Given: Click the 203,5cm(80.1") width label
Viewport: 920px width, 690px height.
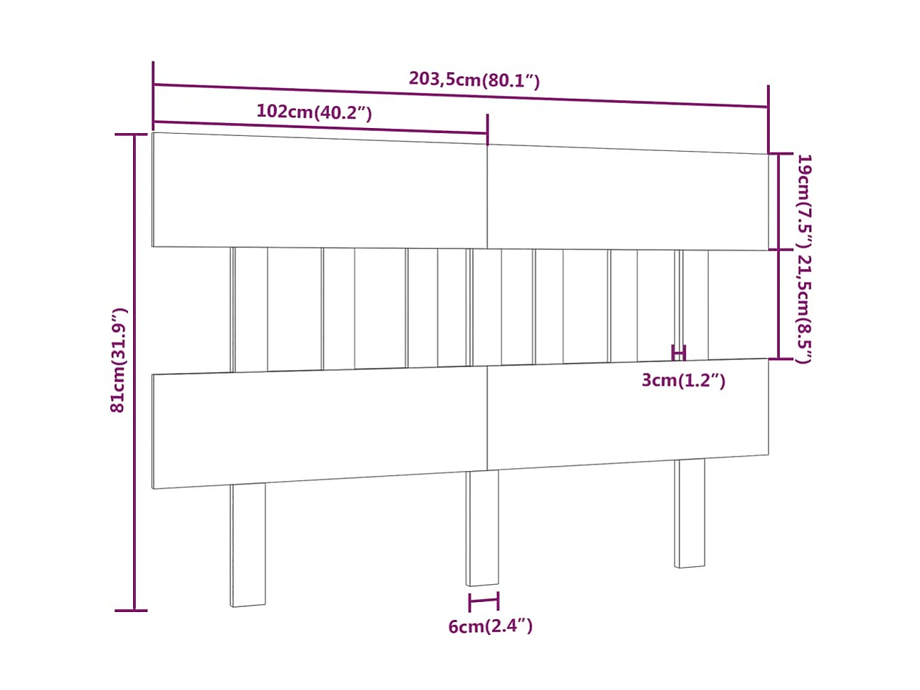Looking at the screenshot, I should pyautogui.click(x=474, y=79).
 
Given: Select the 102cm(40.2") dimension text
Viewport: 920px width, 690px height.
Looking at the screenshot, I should pyautogui.click(x=314, y=112).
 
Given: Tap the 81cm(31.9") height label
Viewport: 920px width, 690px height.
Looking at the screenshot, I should pyautogui.click(x=119, y=360).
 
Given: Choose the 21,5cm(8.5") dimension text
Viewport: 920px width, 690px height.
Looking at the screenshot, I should pyautogui.click(x=804, y=308).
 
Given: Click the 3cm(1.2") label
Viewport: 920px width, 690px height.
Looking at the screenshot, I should pyautogui.click(x=683, y=380).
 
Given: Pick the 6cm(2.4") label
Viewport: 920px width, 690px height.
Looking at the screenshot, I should pyautogui.click(x=490, y=626).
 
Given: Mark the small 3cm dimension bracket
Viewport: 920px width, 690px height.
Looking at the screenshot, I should pyautogui.click(x=679, y=352).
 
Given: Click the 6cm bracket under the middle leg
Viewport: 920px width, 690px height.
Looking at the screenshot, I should pyautogui.click(x=484, y=601).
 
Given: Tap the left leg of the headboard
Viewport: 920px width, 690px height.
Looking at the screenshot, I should pyautogui.click(x=248, y=544).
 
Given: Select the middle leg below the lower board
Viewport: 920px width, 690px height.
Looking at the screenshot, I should pyautogui.click(x=483, y=528).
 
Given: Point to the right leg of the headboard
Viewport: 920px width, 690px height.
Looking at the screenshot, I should pyautogui.click(x=690, y=512).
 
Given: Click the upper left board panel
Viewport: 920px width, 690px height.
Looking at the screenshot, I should pyautogui.click(x=319, y=190).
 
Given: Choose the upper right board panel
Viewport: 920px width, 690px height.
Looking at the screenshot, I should pyautogui.click(x=627, y=198).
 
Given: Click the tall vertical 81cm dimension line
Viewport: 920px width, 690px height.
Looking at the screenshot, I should pyautogui.click(x=135, y=372).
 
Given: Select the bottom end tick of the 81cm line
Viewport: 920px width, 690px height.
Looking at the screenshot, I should pyautogui.click(x=132, y=611).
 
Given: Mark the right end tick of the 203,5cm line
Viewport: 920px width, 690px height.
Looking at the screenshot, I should pyautogui.click(x=768, y=107).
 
